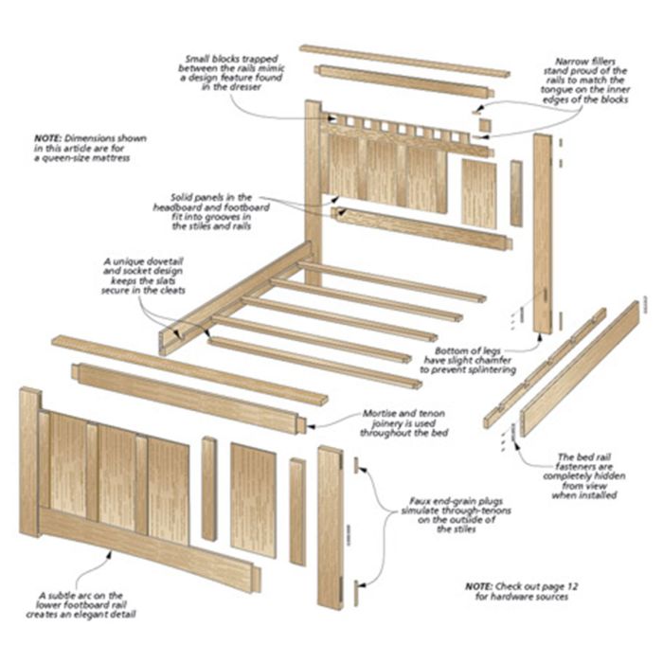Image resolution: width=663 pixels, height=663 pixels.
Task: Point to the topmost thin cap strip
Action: click(x=404, y=60)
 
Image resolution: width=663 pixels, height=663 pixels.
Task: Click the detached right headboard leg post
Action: click(x=542, y=233)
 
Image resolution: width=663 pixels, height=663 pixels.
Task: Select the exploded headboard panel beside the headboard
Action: click(x=478, y=192)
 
